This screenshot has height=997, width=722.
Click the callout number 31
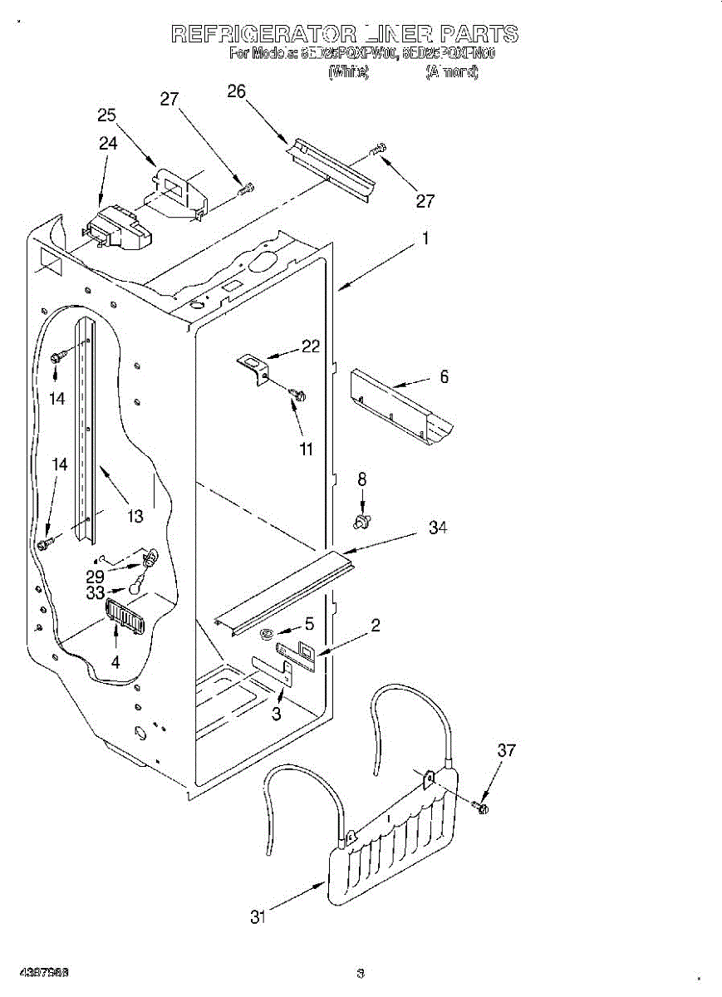click(x=258, y=917)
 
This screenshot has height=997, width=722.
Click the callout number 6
click(x=444, y=377)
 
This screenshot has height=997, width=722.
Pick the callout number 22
click(x=311, y=347)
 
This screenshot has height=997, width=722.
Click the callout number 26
click(x=236, y=91)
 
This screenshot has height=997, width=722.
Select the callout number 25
click(x=106, y=115)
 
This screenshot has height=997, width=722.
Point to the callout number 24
click(x=108, y=143)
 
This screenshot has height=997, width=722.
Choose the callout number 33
click(x=96, y=593)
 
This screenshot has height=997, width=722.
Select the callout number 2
click(x=376, y=626)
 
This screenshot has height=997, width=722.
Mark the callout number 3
click(x=277, y=713)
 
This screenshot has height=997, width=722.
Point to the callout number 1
click(x=425, y=238)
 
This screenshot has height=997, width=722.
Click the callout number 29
click(x=96, y=575)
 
